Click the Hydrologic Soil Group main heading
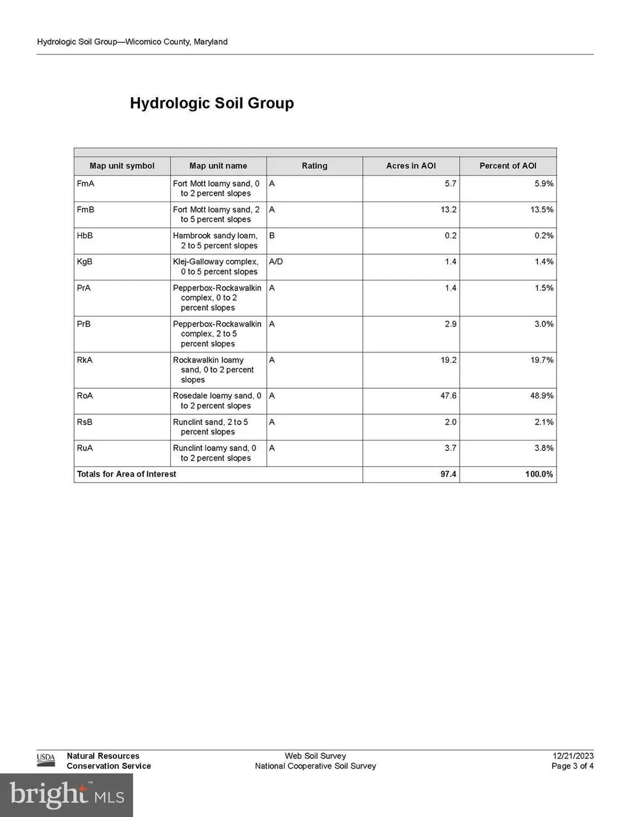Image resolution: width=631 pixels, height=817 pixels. pos(211,103)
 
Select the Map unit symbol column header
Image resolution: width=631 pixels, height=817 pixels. pos(122,166)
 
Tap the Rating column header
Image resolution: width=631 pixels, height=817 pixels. pos(314,166)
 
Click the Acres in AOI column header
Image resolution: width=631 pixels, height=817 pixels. pos(410,166)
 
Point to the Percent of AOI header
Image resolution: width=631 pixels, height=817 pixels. pos(508,166)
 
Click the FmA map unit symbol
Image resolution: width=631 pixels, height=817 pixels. pos(86,184)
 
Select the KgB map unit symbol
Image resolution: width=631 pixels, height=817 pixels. pos(84,262)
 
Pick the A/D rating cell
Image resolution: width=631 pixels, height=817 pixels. pos(276,262)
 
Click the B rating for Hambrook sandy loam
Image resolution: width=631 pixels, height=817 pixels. pos(272,236)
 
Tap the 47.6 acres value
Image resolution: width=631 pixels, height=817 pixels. pos(448,396)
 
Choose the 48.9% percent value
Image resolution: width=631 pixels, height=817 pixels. pos(542,396)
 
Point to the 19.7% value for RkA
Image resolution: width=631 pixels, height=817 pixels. pos(542,360)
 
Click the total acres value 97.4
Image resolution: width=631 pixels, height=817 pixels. pos(448,474)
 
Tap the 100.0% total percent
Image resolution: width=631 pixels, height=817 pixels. pos(539,474)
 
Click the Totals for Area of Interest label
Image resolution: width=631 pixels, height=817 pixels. pos(126,474)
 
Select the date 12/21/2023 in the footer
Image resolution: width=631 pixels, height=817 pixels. pos(572,756)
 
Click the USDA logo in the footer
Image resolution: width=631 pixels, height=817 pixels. pos(46,760)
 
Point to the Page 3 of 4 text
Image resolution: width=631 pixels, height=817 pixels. pos(572,766)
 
